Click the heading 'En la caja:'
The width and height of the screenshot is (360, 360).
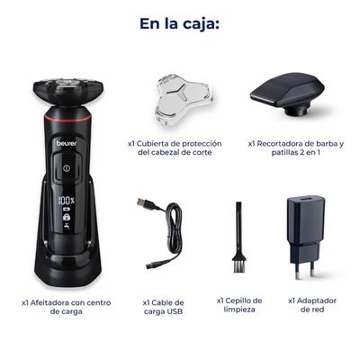pos(179,23)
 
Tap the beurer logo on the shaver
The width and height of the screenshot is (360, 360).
pos(67,143)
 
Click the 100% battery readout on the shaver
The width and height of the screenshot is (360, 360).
pos(67,200)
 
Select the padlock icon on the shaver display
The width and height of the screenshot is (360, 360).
pos(67,217)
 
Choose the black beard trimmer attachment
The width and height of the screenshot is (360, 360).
pos(287,94)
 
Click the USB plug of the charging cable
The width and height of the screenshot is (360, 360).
pos(142,202)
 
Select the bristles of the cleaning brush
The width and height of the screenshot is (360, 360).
pos(239,266)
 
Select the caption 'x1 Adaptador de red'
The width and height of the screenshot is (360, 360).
pos(312,305)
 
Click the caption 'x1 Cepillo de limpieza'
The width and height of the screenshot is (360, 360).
pos(239,305)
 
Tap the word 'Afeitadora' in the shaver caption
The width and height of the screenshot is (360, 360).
pos(50,302)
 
